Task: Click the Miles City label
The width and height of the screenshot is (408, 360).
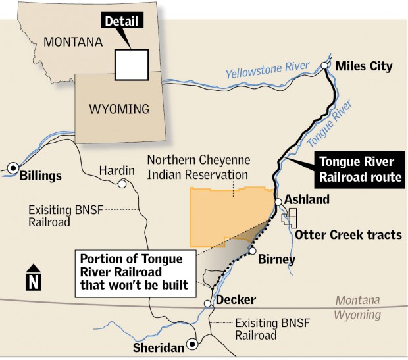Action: point(363,66)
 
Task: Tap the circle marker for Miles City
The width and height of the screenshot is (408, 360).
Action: point(324,66)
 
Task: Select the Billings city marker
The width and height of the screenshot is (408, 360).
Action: point(13,168)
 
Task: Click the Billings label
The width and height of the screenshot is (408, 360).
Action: point(41,176)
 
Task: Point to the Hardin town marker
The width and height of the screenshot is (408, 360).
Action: point(122,184)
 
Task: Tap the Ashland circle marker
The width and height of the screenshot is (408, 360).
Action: point(278,201)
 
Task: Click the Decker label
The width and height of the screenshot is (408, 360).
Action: point(234,300)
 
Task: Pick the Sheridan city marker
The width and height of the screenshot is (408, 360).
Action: point(192,344)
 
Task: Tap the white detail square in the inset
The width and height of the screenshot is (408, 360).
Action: point(132,64)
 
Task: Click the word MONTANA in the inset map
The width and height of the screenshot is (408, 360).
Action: point(72,42)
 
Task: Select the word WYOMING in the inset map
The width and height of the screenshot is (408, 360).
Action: point(119,109)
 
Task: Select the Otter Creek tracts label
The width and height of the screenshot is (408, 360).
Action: point(348,235)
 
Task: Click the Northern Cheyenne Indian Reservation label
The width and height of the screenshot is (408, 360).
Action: point(197,167)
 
